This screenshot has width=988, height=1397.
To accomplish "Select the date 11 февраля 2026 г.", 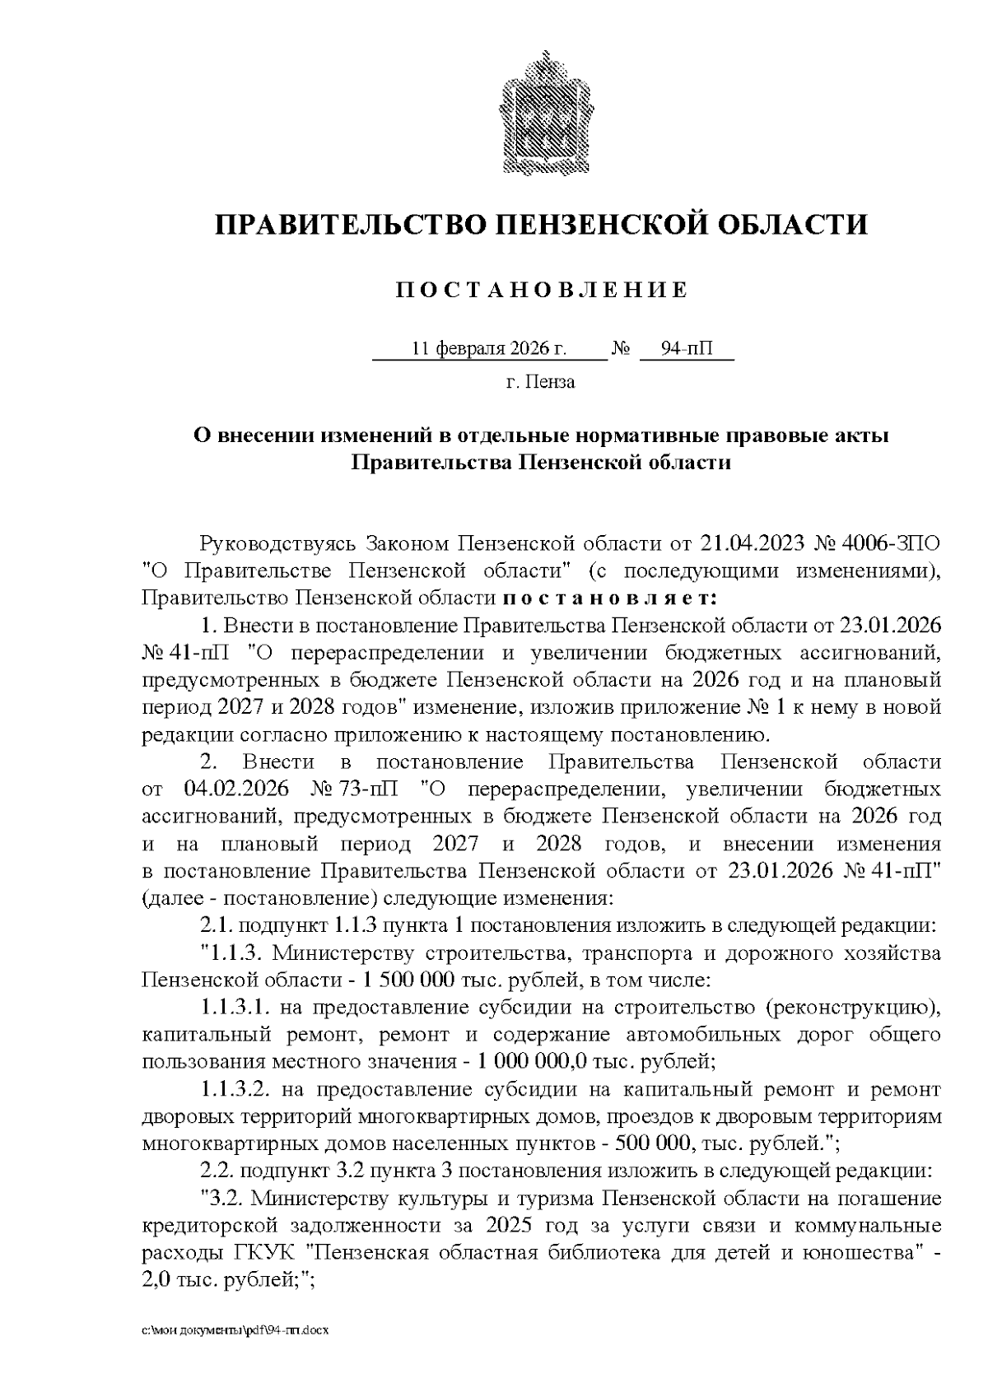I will point(489,349).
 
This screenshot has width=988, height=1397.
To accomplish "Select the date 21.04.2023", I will point(752,544).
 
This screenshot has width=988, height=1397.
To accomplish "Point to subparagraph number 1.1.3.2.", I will point(235,1090).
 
